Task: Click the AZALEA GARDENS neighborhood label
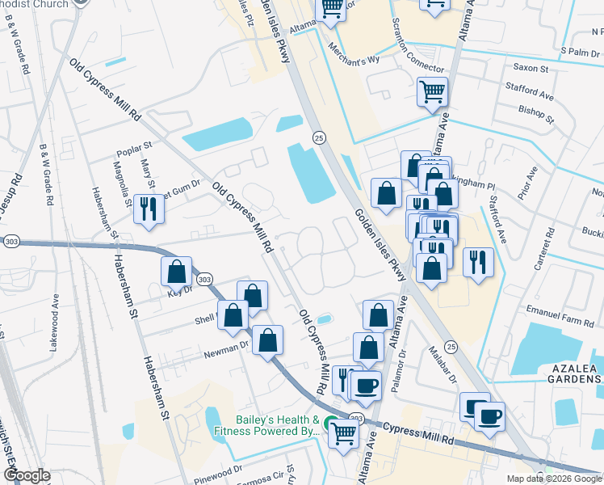tap(574, 373)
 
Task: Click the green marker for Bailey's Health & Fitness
tap(329, 424)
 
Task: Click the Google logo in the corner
tap(27, 474)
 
